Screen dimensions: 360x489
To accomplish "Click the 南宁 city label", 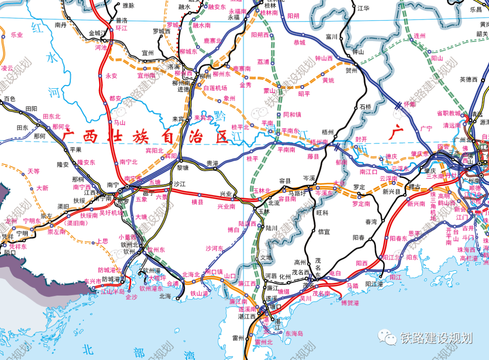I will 113,185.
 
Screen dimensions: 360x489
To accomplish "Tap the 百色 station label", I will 10,99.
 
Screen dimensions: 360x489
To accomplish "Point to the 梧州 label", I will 327,132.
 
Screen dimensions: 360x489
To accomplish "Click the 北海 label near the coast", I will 165,296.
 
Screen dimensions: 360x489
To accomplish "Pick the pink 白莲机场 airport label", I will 215,88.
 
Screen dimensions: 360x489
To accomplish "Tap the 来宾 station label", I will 178,119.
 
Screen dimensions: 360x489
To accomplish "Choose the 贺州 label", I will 351,71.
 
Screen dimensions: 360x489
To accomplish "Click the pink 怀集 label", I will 409,104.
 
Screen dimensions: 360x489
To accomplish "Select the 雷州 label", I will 238,338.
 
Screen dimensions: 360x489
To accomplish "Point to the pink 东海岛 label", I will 294,333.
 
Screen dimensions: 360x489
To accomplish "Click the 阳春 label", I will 359,237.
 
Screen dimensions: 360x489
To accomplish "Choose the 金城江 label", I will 97,33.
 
